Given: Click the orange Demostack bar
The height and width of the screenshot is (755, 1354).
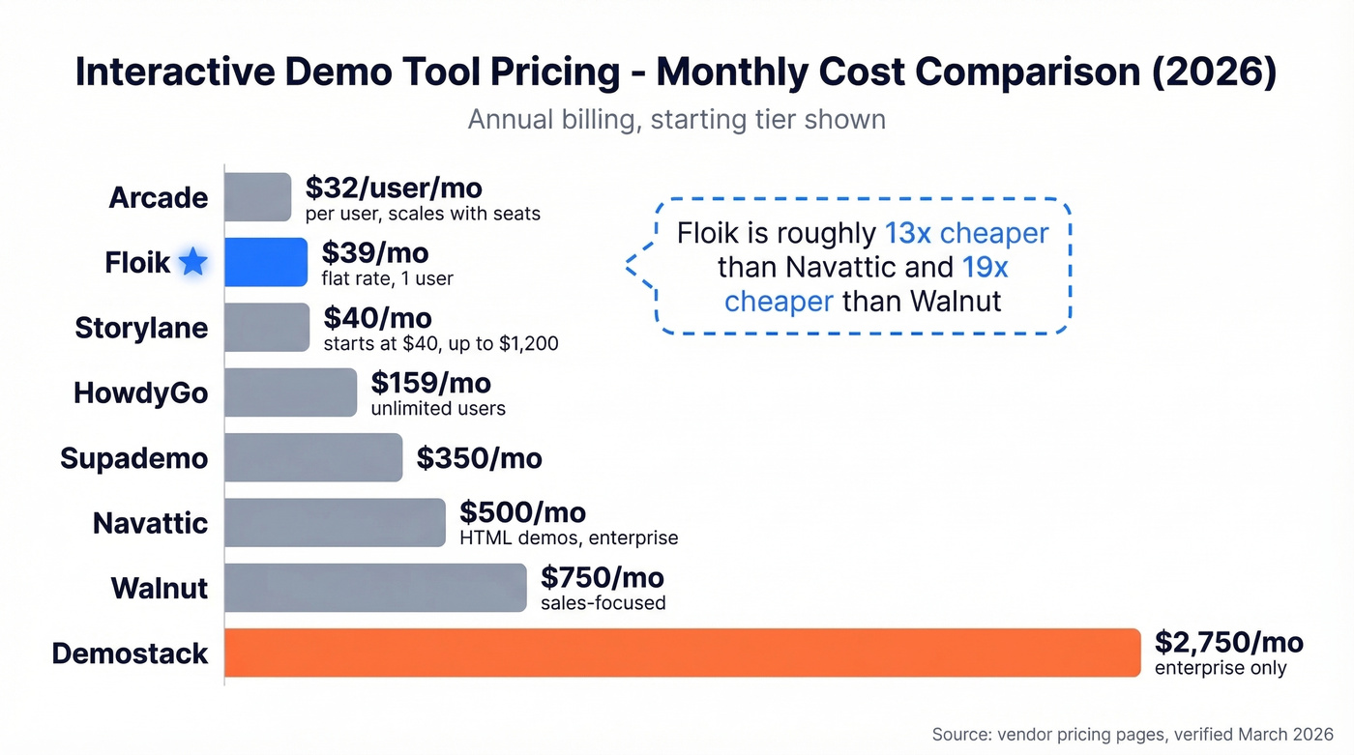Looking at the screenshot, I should [x=683, y=653].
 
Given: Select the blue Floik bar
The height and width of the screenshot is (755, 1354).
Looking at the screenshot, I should [x=266, y=262].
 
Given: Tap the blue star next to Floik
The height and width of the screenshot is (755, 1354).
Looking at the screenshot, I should [x=193, y=262].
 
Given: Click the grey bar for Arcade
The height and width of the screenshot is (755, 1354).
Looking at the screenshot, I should [x=258, y=197].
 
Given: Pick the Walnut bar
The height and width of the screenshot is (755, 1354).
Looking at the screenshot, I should [x=375, y=588].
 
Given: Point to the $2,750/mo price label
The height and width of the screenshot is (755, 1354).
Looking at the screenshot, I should [x=1228, y=642].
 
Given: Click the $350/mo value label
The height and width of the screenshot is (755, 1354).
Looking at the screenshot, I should [x=479, y=458].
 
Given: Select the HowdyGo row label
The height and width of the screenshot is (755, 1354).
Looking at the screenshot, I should [x=140, y=393].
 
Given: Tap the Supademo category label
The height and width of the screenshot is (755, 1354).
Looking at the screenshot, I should [x=133, y=458].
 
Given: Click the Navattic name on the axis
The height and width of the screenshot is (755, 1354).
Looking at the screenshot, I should [x=150, y=523].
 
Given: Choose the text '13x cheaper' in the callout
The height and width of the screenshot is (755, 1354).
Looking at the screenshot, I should [x=966, y=233].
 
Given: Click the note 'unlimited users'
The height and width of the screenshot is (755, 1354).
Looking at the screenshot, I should [x=438, y=409].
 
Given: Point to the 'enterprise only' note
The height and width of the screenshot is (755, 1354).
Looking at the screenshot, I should [x=1221, y=669].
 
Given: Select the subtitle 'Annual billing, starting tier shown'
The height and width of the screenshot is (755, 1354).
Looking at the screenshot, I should [x=676, y=120].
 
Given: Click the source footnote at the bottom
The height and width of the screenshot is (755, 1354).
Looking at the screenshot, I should [x=1133, y=735].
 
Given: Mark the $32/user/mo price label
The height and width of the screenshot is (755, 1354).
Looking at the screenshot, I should [x=394, y=188].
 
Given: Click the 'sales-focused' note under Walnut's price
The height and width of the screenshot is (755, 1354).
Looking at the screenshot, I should [x=603, y=604].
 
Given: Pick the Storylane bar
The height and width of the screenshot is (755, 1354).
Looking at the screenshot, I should [x=267, y=328].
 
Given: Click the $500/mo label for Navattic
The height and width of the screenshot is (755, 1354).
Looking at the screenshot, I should [x=522, y=511].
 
